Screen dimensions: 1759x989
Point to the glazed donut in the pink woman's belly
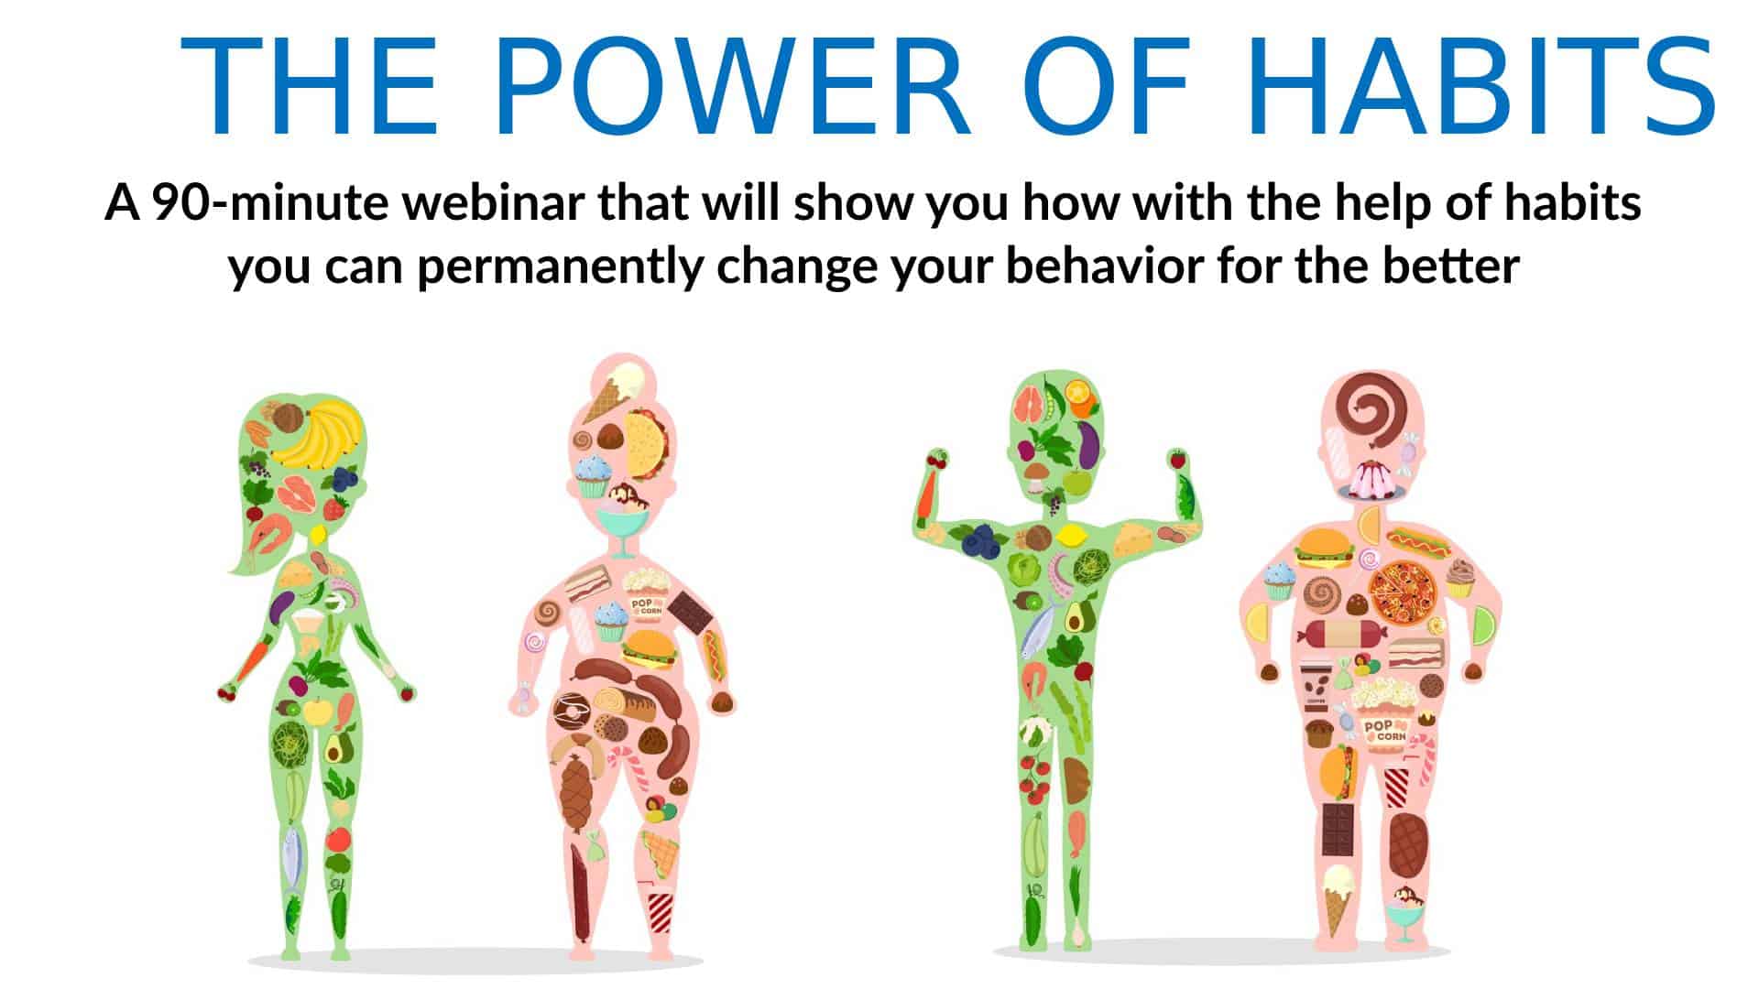click(571, 711)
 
